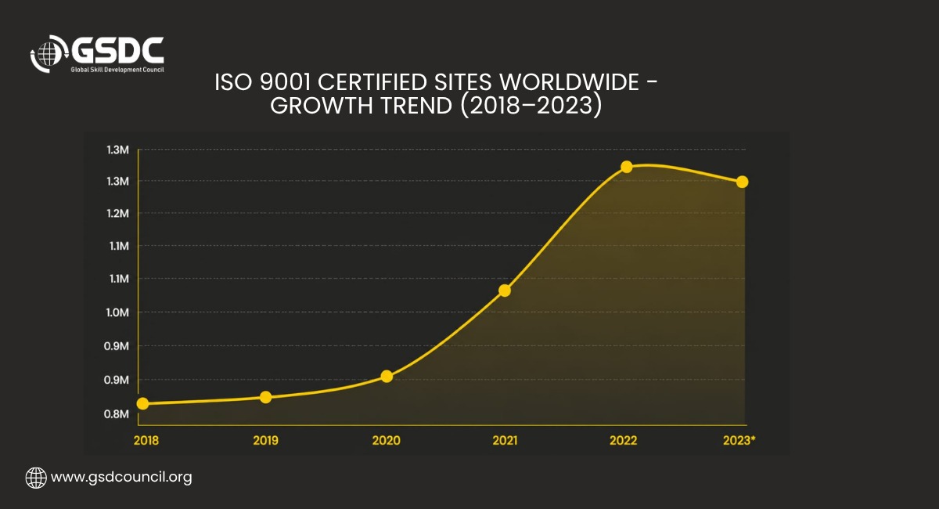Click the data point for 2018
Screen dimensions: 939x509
click(142, 403)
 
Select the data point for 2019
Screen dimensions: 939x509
click(265, 397)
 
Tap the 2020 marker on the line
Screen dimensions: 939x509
click(387, 376)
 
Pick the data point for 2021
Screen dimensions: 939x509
click(505, 291)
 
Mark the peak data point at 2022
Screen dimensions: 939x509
click(626, 167)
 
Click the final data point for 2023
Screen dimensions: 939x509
click(742, 182)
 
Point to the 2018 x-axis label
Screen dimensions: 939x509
click(146, 440)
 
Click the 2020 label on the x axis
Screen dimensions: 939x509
click(386, 440)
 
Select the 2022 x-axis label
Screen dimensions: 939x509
click(623, 440)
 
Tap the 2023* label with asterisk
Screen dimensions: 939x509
click(739, 440)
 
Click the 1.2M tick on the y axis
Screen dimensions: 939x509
click(118, 213)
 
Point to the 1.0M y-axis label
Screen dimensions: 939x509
click(117, 312)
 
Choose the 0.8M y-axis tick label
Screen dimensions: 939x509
click(116, 413)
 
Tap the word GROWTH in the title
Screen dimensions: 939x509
click(322, 106)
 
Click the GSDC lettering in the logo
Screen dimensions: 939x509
click(117, 50)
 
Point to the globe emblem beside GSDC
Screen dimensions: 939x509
click(49, 54)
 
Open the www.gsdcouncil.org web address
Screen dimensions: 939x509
click(121, 477)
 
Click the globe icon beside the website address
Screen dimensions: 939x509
click(36, 478)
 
